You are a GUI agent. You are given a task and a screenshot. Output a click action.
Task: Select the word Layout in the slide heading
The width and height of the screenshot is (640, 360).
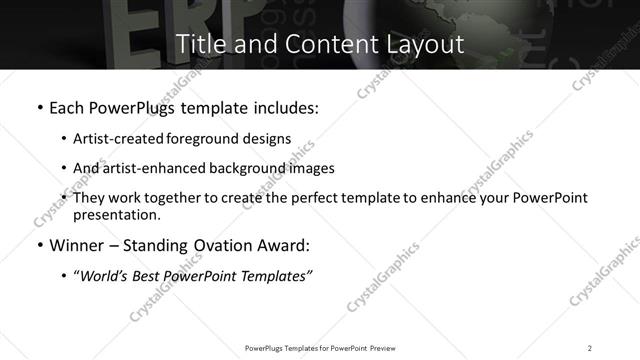(423, 44)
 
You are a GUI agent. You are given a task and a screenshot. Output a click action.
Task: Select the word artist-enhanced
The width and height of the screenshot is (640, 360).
(153, 168)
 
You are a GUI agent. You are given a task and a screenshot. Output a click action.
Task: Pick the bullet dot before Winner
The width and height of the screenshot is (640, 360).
(39, 245)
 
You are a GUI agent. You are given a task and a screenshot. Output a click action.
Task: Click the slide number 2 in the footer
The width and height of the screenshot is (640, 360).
(590, 347)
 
